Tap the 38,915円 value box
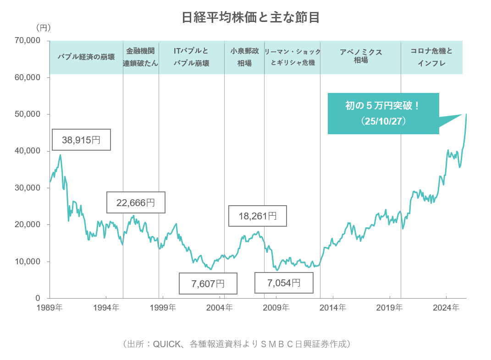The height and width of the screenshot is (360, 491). point(81,140)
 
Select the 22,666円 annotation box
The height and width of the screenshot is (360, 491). point(136,202)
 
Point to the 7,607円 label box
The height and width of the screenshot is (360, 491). point(208,284)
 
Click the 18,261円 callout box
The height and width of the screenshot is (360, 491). point(258,216)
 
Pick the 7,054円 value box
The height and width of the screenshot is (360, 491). point(284,283)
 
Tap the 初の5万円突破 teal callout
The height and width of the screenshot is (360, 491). point(383,114)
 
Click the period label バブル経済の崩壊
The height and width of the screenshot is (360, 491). point(86,57)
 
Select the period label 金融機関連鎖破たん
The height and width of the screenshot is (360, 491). point(141,57)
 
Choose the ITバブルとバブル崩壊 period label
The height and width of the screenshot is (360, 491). point(191,57)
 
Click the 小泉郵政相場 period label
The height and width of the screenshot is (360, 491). point(244,57)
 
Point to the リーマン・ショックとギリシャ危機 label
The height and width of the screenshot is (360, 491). point(292,57)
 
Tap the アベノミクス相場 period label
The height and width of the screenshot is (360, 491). point(361,56)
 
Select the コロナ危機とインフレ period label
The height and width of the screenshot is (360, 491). point(431,57)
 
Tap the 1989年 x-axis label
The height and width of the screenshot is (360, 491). point(50,308)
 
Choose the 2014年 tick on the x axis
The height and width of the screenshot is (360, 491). point(333,308)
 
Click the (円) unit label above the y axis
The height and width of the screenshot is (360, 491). point(43,28)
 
